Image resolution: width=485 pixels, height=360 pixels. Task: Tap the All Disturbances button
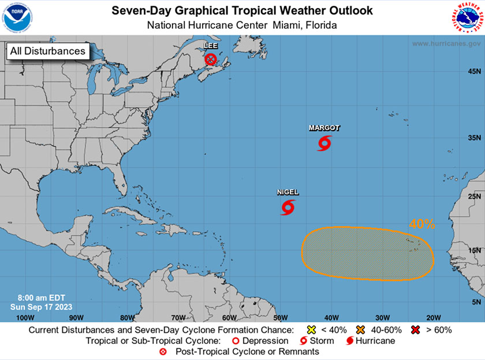pyautogui.click(x=47, y=51)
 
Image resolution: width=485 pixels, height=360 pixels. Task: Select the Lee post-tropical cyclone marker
pyautogui.click(x=211, y=59)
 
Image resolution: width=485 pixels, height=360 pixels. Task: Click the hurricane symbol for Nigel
pyautogui.click(x=288, y=207)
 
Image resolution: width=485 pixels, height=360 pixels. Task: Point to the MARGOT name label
pyautogui.click(x=324, y=128)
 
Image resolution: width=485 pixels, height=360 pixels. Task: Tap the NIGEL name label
pyautogui.click(x=288, y=192)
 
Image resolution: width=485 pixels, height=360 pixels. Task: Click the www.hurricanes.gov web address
pyautogui.click(x=445, y=44)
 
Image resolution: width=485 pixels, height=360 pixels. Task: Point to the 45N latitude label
pyautogui.click(x=475, y=71)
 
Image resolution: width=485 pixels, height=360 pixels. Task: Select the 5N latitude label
pyautogui.click(x=476, y=302)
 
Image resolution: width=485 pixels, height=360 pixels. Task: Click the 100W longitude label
pyautogui.click(x=25, y=317)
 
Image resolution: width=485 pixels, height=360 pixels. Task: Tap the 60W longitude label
pyautogui.click(x=229, y=317)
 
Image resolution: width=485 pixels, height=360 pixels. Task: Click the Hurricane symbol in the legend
pyautogui.click(x=350, y=341)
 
